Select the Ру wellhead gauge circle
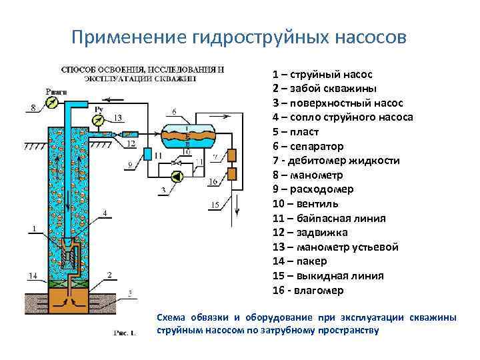tap(99, 121)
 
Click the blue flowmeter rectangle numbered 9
tap(147, 154)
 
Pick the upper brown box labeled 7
tap(231, 156)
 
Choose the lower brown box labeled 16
tap(231, 174)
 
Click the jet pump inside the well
tap(69, 253)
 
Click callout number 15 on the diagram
tap(214, 204)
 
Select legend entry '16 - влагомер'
tap(308, 291)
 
